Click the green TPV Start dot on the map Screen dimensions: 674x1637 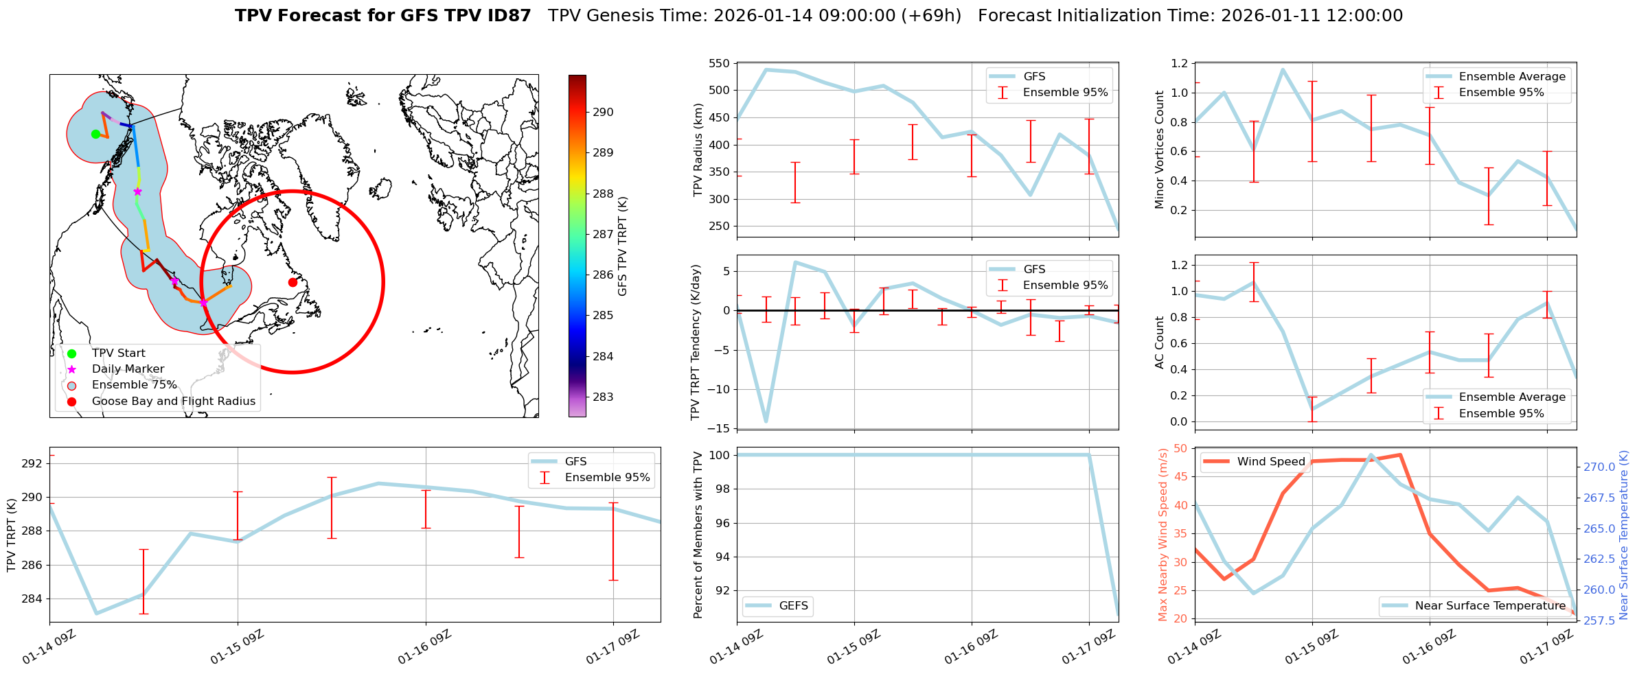95,134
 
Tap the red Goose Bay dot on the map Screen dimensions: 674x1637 293,282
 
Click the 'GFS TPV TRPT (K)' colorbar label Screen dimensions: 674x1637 623,246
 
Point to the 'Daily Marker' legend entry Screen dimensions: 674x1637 128,369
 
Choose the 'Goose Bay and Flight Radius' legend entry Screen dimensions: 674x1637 173,402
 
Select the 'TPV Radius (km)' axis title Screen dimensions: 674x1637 698,150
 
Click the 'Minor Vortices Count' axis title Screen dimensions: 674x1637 1160,150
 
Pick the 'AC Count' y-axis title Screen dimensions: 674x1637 1160,342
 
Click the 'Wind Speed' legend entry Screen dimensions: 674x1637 1270,462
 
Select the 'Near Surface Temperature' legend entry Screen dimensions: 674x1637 1490,606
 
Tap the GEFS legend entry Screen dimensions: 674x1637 793,606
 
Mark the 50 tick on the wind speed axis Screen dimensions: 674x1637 1180,449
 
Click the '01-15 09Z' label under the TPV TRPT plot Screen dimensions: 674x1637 238,647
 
